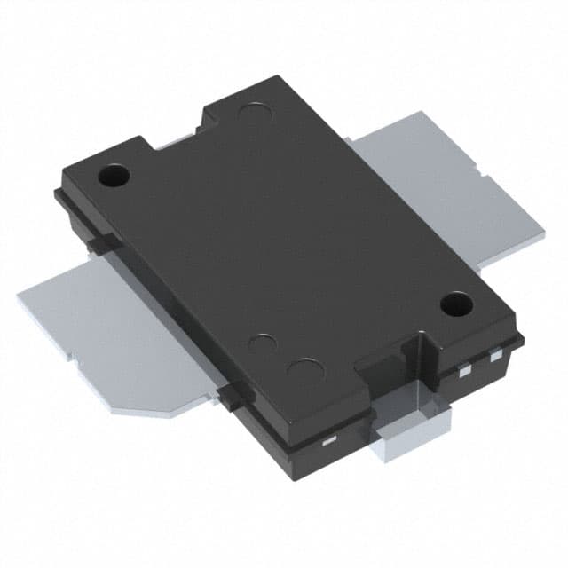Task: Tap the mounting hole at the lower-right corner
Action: tap(456, 305)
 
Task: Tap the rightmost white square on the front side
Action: tap(496, 357)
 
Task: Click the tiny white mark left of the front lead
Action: tap(327, 440)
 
